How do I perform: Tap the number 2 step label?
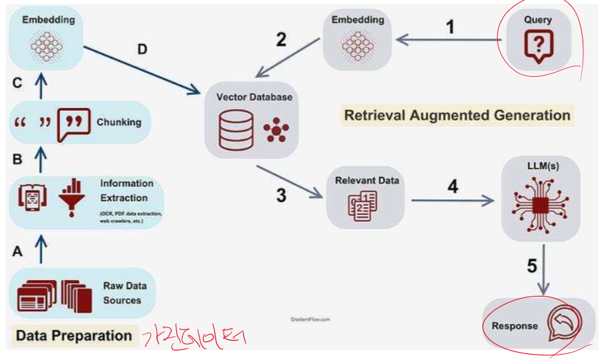pos(281,39)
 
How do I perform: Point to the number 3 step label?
pos(281,195)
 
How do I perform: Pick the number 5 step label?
pos(531,266)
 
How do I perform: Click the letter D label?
pos(142,49)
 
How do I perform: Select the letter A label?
pos(17,251)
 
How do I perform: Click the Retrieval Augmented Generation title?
pos(457,115)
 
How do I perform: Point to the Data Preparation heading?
pos(74,335)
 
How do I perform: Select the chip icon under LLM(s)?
pos(540,204)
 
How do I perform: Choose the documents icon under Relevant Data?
pos(362,205)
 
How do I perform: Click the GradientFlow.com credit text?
pos(310,319)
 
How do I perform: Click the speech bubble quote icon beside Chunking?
pos(73,122)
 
